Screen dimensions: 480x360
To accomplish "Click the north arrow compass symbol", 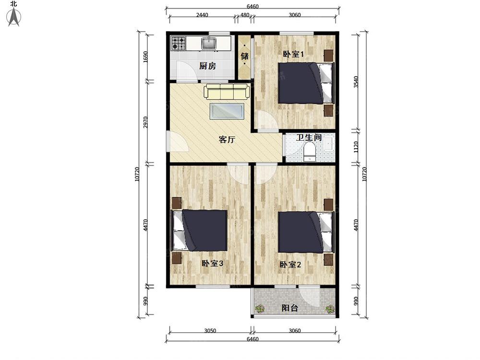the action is click(14, 17).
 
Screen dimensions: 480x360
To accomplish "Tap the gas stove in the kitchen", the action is click(179, 43).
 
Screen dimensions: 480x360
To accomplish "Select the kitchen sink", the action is click(209, 43).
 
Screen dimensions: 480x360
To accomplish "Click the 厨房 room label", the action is click(207, 66).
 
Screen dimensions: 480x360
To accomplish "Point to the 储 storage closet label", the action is click(245, 56).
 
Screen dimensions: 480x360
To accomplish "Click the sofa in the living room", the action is click(227, 91).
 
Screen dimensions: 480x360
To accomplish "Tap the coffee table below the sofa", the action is click(227, 111).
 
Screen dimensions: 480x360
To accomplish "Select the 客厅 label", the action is click(227, 140).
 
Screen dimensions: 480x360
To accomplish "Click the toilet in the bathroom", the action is click(310, 153).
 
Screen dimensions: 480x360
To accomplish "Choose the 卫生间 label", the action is click(309, 137).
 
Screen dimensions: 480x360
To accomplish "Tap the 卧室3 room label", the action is click(212, 263).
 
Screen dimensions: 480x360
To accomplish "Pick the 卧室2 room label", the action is click(290, 264).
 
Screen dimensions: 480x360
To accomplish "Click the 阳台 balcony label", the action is click(289, 308).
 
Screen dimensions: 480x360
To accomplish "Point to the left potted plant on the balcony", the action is click(260, 309).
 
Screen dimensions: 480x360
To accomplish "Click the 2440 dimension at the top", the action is click(202, 15).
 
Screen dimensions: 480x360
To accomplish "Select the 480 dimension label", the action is click(245, 15).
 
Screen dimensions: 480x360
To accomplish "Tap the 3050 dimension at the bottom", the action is click(210, 331).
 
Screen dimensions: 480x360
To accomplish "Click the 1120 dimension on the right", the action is click(356, 147).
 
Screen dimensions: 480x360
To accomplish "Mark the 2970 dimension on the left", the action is click(146, 122).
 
